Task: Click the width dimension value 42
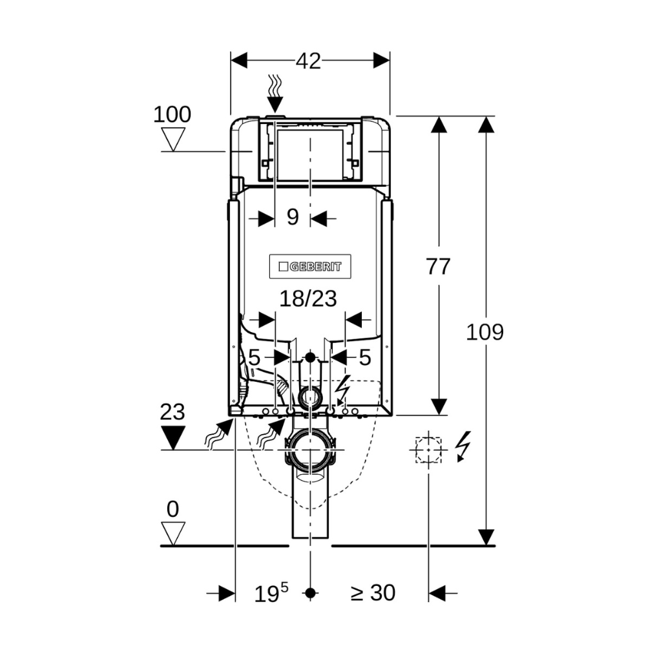(x=309, y=61)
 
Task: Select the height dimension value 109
(x=485, y=332)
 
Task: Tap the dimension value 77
(x=438, y=266)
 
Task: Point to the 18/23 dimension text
(x=309, y=298)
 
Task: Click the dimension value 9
(x=293, y=217)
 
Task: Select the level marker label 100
(x=172, y=115)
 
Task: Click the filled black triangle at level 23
(x=172, y=437)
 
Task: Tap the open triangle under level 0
(x=172, y=532)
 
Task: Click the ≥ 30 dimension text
(x=373, y=592)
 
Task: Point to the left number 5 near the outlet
(x=254, y=357)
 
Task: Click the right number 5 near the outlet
(x=365, y=357)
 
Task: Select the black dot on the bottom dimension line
(x=311, y=592)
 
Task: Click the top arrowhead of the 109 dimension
(x=485, y=124)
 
